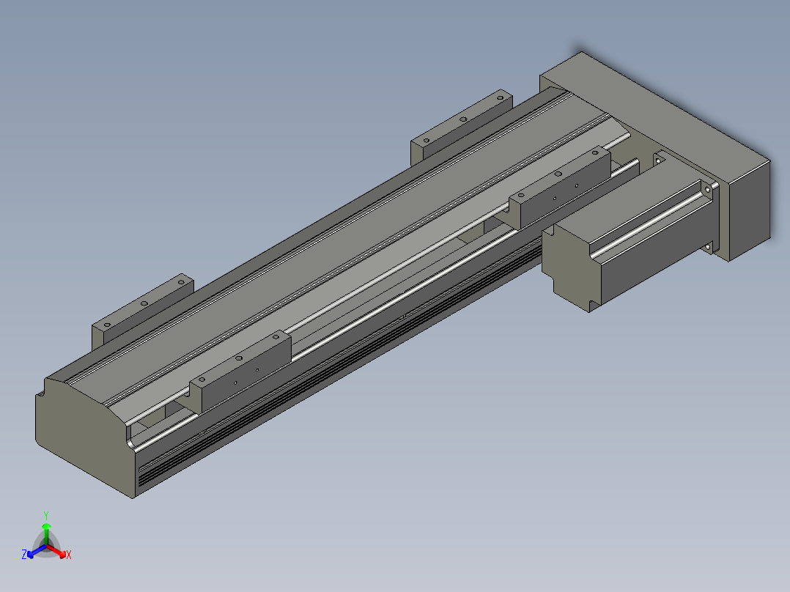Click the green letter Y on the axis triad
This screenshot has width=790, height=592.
[x=46, y=515]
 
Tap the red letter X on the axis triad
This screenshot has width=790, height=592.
[x=69, y=555]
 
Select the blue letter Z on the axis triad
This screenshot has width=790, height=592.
[x=24, y=555]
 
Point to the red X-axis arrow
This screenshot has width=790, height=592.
[x=57, y=551]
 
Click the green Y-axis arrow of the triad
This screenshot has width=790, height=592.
[x=46, y=533]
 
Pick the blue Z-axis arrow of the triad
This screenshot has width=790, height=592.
[x=37, y=551]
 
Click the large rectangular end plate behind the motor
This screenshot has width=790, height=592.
[x=655, y=156]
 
